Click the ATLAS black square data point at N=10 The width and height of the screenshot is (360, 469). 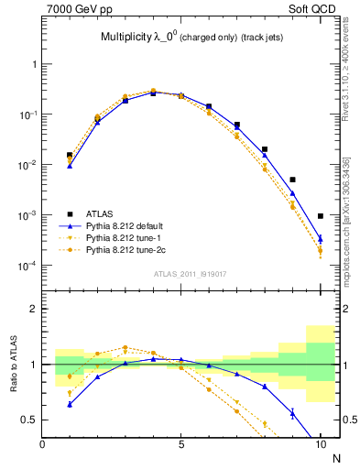click(321, 216)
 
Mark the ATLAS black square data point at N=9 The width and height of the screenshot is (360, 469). click(292, 180)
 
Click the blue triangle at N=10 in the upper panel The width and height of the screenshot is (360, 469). click(321, 238)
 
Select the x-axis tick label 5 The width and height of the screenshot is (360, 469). click(180, 444)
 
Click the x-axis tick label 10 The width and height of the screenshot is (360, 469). click(320, 444)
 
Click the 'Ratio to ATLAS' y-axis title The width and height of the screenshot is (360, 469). click(12, 364)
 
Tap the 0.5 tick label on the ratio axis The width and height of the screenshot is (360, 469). click(29, 420)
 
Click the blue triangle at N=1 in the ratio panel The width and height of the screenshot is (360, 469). click(70, 404)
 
